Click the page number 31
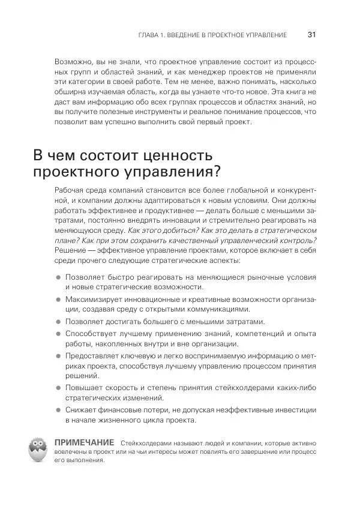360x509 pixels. pos(311,35)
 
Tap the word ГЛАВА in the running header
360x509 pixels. pos(149,35)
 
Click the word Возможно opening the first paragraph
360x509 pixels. pos(74,62)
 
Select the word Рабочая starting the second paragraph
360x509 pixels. pos(70,190)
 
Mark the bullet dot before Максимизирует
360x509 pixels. pos(58,298)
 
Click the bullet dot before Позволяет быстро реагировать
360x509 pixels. pos(58,277)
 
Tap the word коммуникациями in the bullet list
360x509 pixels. pos(215,309)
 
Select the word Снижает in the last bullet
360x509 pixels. pos(83,411)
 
